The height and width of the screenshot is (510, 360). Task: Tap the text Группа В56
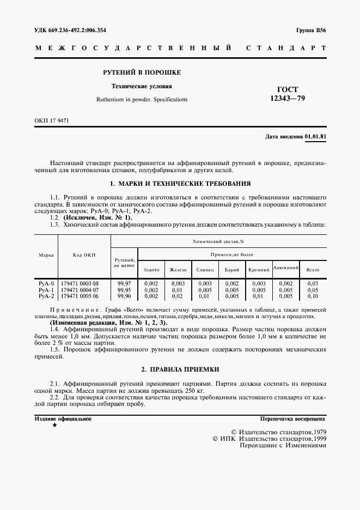tap(311, 30)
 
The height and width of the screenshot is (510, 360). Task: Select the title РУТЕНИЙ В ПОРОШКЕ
tap(142, 72)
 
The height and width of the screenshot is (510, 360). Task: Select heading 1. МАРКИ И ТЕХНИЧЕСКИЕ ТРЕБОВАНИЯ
tap(180, 184)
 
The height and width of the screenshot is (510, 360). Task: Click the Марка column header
tap(46, 255)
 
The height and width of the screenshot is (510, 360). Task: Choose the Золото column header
tap(151, 270)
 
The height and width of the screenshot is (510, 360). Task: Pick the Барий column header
tap(232, 270)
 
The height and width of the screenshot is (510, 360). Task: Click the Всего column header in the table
tap(313, 270)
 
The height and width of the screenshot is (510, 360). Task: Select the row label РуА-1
tap(46, 290)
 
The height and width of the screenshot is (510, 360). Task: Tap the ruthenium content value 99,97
tap(124, 284)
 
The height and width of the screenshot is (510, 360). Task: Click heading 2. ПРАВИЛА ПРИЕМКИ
tap(180, 369)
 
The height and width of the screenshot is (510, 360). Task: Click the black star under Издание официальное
tap(54, 425)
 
